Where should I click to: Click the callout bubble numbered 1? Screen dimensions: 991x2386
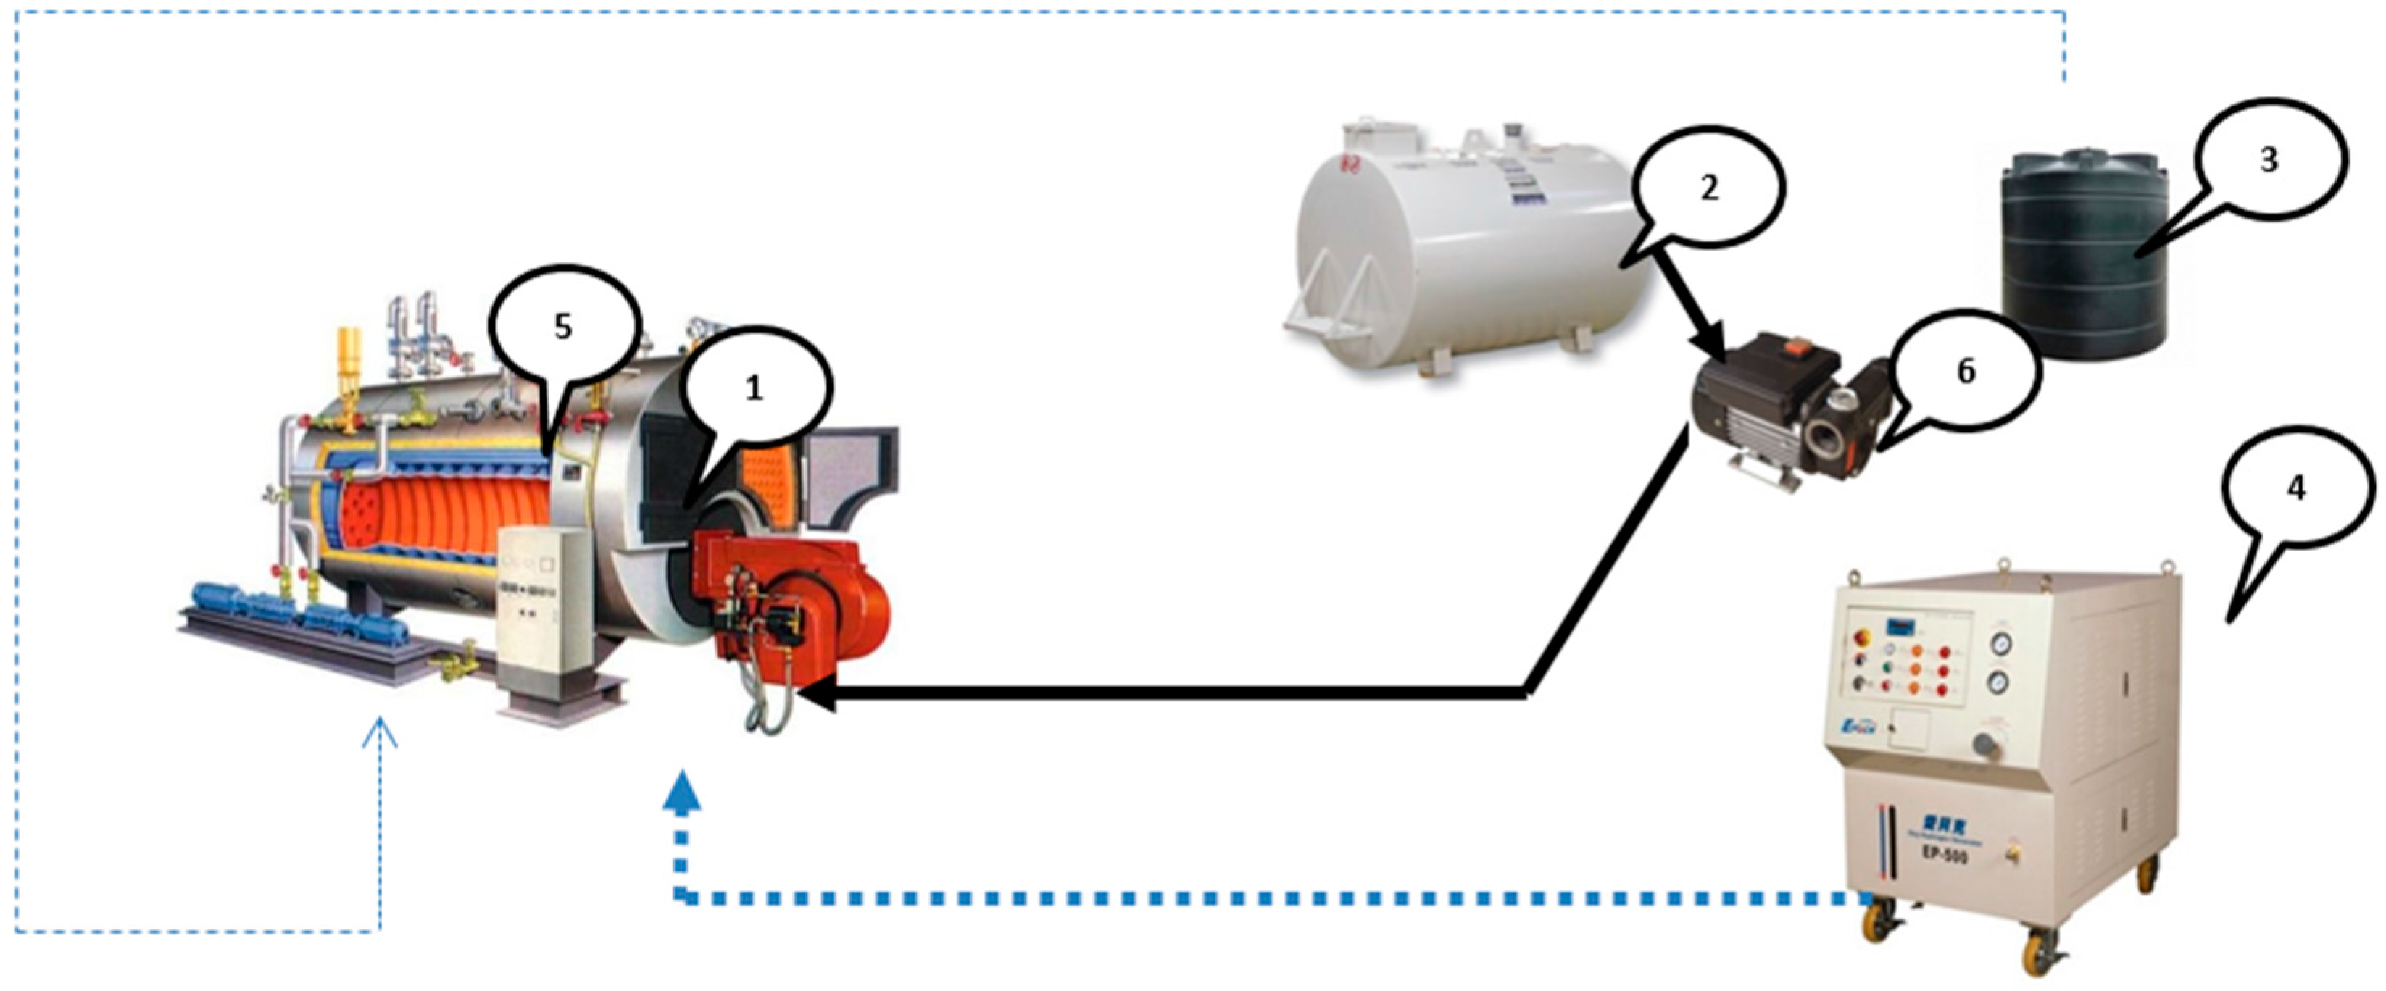tap(755, 389)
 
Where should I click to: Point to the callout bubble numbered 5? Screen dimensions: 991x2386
tap(564, 327)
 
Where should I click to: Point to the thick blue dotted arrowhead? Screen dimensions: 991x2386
tap(682, 795)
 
